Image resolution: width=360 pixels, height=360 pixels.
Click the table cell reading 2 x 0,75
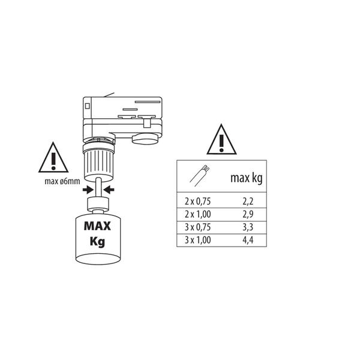pos(197,202)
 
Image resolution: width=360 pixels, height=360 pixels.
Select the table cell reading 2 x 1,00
pos(197,214)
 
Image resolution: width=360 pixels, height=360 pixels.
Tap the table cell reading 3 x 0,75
pos(197,227)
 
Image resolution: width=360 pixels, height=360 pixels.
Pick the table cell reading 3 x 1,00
pos(197,240)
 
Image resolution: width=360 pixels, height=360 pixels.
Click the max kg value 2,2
pos(248,202)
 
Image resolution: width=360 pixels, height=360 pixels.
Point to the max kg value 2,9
pos(248,214)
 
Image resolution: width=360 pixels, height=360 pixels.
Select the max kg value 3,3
pos(248,227)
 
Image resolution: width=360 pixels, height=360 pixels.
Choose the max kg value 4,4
pos(248,240)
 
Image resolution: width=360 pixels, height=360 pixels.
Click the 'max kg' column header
pos(246,178)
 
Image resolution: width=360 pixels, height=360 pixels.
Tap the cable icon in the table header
pos(200,176)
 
